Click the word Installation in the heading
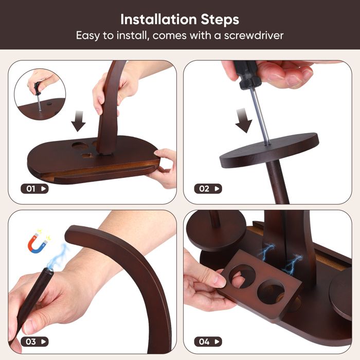158,20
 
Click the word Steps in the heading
220,20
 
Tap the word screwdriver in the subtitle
254,35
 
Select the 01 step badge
34,189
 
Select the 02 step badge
208,189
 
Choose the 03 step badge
34,341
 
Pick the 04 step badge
208,341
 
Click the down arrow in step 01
78,121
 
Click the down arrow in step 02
243,121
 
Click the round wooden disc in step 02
269,150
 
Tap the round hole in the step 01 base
79,146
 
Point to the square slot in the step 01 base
88,156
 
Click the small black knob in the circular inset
49,104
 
